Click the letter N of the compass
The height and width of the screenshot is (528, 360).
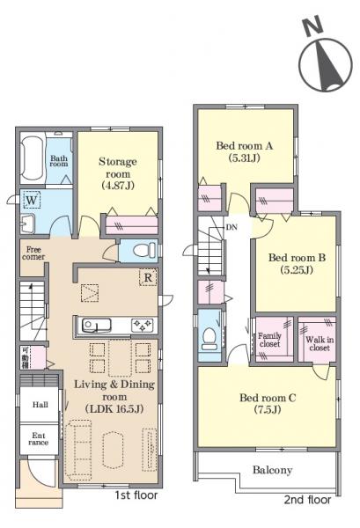312,27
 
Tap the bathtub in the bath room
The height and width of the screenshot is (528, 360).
33,158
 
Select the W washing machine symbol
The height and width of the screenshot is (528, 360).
32,200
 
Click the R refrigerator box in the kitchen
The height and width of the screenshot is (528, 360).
148,277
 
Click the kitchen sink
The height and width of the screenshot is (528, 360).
97,325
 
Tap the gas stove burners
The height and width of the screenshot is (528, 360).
142,325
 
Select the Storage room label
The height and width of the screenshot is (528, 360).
118,168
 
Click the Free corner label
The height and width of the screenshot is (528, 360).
33,253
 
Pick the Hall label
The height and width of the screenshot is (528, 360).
40,405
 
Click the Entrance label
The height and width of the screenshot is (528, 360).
39,439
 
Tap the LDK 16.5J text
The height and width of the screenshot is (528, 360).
114,409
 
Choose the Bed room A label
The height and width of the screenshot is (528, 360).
244,145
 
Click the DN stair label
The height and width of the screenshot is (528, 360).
231,227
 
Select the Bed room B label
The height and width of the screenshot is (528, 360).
297,258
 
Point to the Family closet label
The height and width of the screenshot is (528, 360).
269,340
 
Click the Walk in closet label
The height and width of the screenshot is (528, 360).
320,343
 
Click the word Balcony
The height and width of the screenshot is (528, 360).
273,470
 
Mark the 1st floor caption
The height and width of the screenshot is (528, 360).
136,495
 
